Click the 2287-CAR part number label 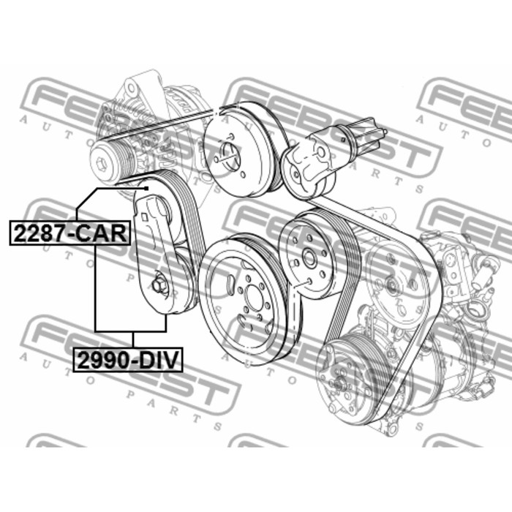tap(70, 233)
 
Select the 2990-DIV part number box tap(128, 360)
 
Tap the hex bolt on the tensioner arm tap(159, 283)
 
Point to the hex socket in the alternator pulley tap(100, 162)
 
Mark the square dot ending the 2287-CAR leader tap(146, 189)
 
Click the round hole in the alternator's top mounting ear tap(131, 88)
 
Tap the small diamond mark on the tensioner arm tap(143, 216)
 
